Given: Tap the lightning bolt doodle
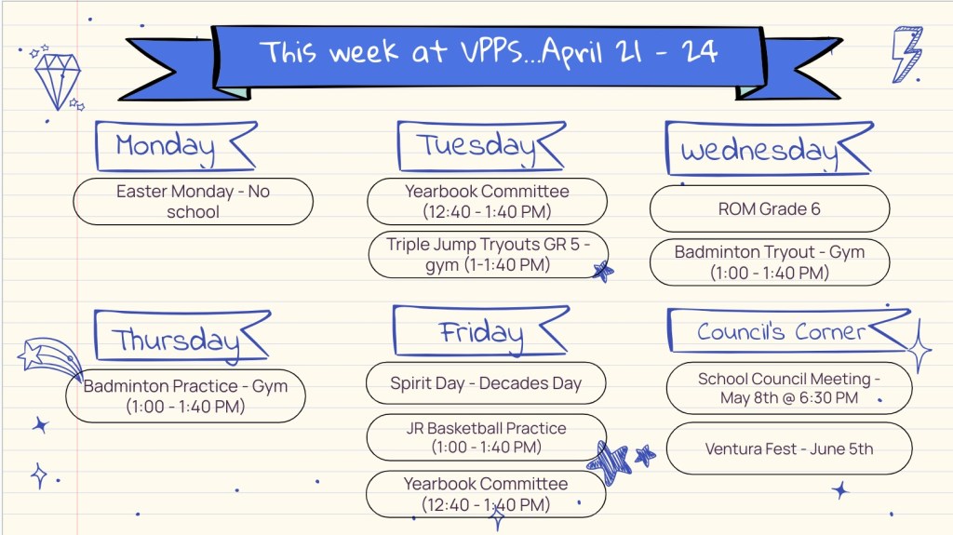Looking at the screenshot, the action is pyautogui.click(x=906, y=54).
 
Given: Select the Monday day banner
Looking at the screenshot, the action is pyautogui.click(x=176, y=146).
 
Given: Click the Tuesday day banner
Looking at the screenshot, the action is pyautogui.click(x=481, y=146).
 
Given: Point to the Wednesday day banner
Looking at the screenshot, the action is pyautogui.click(x=769, y=149).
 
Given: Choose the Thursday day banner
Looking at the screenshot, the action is pyautogui.click(x=181, y=336).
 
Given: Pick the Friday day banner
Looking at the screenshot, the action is pyautogui.click(x=481, y=331).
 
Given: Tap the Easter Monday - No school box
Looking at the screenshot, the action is pyautogui.click(x=194, y=201).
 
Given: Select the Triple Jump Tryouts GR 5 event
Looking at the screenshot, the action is pyautogui.click(x=488, y=255).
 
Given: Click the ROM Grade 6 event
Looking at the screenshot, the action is pyautogui.click(x=770, y=208).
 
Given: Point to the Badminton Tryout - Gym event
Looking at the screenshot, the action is pyautogui.click(x=770, y=262).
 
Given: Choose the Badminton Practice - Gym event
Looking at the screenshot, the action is pyautogui.click(x=185, y=395).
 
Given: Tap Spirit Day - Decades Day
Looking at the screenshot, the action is pyautogui.click(x=486, y=383).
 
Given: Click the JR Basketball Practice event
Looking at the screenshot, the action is pyautogui.click(x=486, y=437).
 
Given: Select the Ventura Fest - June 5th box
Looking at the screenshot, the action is pyautogui.click(x=789, y=448).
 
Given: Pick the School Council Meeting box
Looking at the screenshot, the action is pyautogui.click(x=789, y=388).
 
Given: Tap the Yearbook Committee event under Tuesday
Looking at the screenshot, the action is pyautogui.click(x=488, y=201).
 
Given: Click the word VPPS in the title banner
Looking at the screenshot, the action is pyautogui.click(x=491, y=51).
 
